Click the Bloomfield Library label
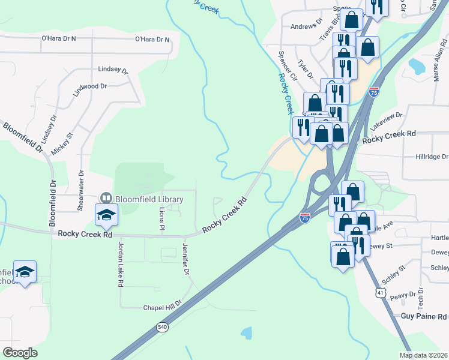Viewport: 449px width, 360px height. pos(149,199)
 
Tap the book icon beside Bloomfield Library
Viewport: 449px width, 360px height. pos(106,198)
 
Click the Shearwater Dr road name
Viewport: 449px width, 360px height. pos(80,190)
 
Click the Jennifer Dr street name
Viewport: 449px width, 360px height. pos(185,259)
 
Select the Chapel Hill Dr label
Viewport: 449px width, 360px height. pos(162,307)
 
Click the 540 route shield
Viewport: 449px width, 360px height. pos(162,327)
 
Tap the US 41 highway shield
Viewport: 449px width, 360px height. pos(379,292)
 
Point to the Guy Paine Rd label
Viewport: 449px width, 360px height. pos(424,316)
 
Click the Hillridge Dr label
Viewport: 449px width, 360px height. pos(432,157)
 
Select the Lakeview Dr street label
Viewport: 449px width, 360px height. pos(386,123)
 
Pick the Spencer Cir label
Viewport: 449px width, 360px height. pos(288,66)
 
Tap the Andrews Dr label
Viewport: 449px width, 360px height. pos(306,26)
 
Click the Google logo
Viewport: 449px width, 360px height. pos(20,353)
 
